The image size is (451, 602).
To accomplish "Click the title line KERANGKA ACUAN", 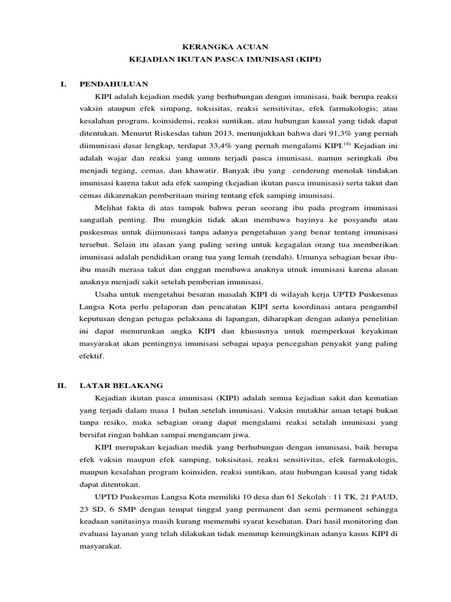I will tap(225, 46).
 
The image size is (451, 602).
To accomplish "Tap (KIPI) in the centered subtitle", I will tap(307, 59).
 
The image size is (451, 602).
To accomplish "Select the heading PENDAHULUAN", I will tap(114, 85).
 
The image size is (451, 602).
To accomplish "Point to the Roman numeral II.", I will tap(60, 386).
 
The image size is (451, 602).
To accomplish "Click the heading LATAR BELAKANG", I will tap(121, 386).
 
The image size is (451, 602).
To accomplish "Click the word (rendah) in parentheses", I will tap(278, 257).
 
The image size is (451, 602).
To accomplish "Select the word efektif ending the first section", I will tap(92, 356).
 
